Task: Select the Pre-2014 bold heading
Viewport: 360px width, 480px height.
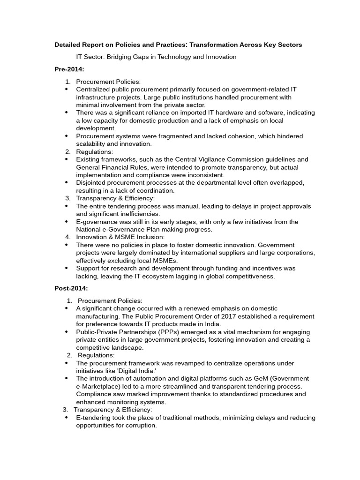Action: [x=69, y=69]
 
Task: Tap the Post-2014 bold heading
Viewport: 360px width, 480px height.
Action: [x=71, y=288]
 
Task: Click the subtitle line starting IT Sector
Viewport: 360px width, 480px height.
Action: [x=156, y=57]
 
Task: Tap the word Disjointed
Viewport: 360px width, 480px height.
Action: [x=92, y=183]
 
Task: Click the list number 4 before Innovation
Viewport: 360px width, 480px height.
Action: [x=67, y=237]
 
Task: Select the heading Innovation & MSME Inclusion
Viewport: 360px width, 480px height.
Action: [x=120, y=237]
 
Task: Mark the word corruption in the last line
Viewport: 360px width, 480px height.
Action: [x=139, y=426]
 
